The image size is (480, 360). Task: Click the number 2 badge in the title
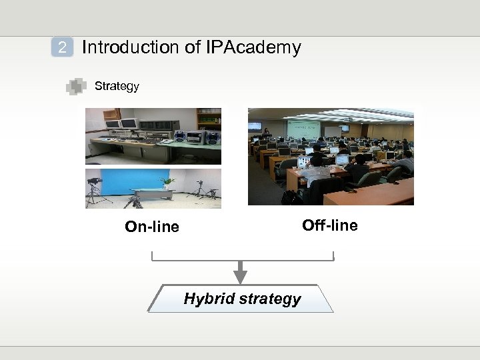click(62, 48)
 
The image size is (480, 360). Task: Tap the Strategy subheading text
click(117, 86)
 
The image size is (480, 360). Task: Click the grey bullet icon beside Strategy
click(77, 87)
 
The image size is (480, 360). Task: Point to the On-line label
click(152, 227)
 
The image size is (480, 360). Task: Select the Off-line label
click(329, 225)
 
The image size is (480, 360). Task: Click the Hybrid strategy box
click(241, 299)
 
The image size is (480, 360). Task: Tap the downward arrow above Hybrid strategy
click(241, 272)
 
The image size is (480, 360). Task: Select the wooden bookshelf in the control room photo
click(209, 119)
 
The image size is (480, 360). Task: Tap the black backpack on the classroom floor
click(290, 197)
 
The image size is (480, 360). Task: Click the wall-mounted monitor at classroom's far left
click(255, 125)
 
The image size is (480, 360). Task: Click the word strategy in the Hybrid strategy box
click(270, 299)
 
